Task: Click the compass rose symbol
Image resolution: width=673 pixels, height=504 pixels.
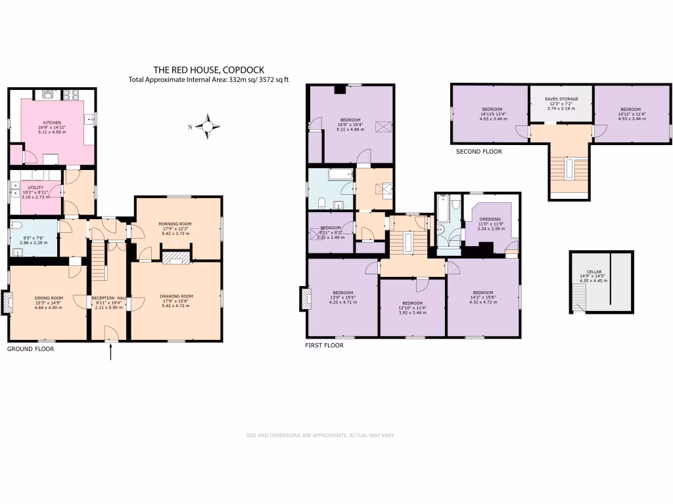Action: (208, 127)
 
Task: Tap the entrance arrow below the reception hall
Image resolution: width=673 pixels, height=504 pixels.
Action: (110, 352)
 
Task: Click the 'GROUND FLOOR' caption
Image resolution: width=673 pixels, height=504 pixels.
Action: (30, 349)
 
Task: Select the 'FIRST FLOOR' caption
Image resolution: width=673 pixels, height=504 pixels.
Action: (325, 345)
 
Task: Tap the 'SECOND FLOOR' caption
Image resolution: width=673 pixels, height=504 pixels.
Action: (478, 152)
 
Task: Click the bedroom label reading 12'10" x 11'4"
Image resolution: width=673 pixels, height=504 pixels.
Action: (413, 308)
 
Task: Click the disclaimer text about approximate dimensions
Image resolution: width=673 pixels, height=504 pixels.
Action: (319, 435)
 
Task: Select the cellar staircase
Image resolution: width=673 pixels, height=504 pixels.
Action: (578, 301)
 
